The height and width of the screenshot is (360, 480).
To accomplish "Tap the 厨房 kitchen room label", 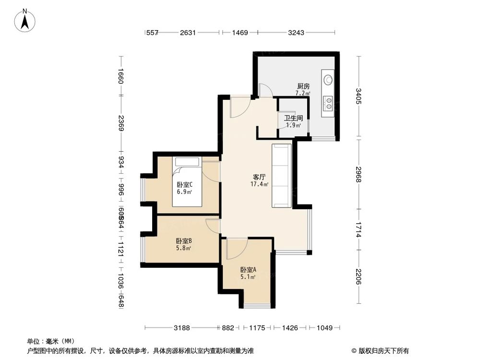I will click(x=303, y=87).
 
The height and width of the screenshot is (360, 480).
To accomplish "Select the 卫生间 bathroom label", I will click(x=293, y=118).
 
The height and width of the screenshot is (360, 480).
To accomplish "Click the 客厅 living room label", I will click(x=259, y=177).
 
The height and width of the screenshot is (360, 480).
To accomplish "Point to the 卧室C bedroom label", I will click(x=185, y=185).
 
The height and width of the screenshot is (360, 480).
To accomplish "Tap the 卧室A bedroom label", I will click(x=248, y=270).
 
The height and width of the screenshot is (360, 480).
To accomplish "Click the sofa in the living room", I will click(x=281, y=176).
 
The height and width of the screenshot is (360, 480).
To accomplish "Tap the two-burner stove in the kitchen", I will click(x=329, y=102).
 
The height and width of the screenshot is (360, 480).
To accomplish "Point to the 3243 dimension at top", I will click(x=296, y=33).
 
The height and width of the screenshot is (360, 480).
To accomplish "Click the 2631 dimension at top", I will click(x=188, y=33).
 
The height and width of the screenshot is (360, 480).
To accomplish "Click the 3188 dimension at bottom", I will click(x=182, y=328).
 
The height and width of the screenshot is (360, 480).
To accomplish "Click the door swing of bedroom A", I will click(x=236, y=249).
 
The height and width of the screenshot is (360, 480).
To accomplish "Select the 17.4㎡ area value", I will click(x=259, y=184).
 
